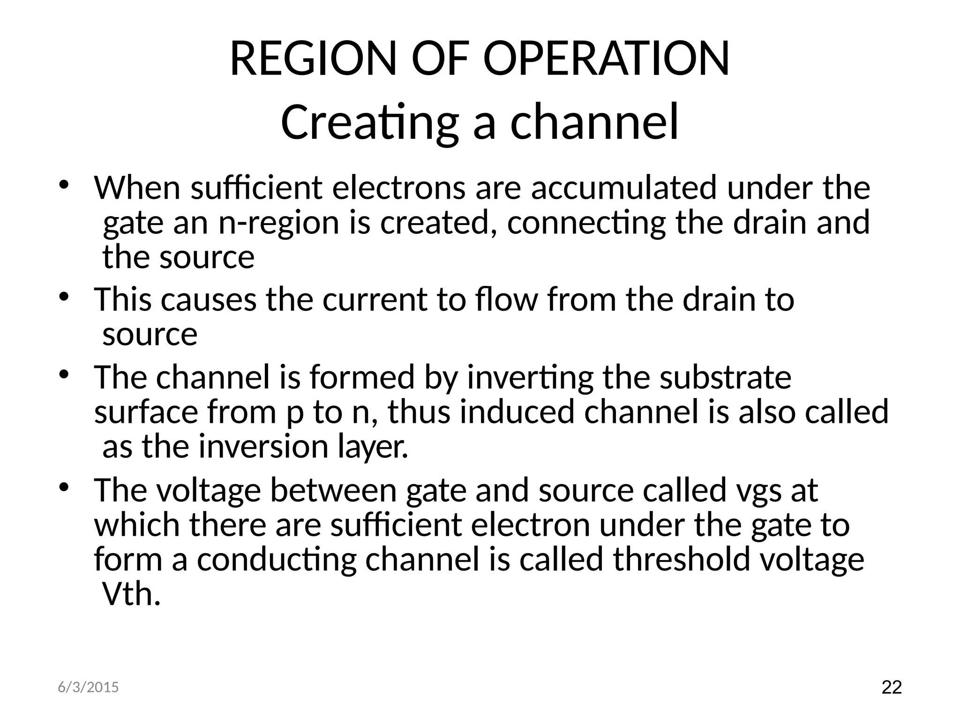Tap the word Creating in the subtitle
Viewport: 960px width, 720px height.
368,123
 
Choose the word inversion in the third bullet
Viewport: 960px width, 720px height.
263,447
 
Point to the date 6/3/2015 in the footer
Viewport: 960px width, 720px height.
88,688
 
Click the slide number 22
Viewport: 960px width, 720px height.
892,688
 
